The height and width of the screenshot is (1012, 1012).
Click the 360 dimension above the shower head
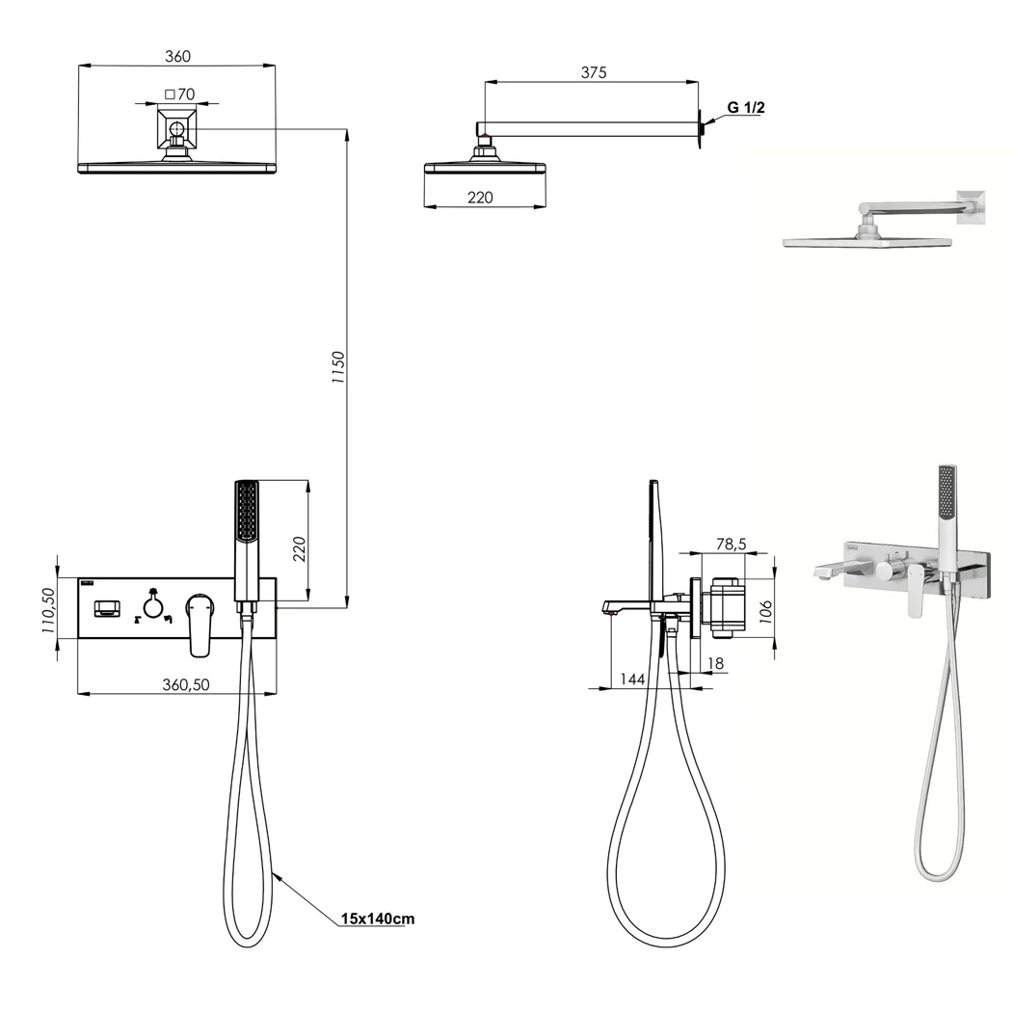coord(177,56)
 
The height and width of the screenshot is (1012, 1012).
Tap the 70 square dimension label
coord(179,94)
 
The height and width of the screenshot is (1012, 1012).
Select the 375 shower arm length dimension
coord(593,72)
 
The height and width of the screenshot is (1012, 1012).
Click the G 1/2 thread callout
coord(745,108)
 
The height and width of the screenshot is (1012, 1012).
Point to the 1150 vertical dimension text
coord(338,367)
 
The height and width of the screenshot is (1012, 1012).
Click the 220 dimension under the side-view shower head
coord(480,198)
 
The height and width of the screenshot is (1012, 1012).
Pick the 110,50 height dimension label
coord(49,610)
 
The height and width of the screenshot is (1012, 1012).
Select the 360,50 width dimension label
coord(186,684)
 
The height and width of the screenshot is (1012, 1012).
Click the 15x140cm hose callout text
coord(378,919)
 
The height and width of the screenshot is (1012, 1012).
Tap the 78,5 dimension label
coord(731,545)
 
